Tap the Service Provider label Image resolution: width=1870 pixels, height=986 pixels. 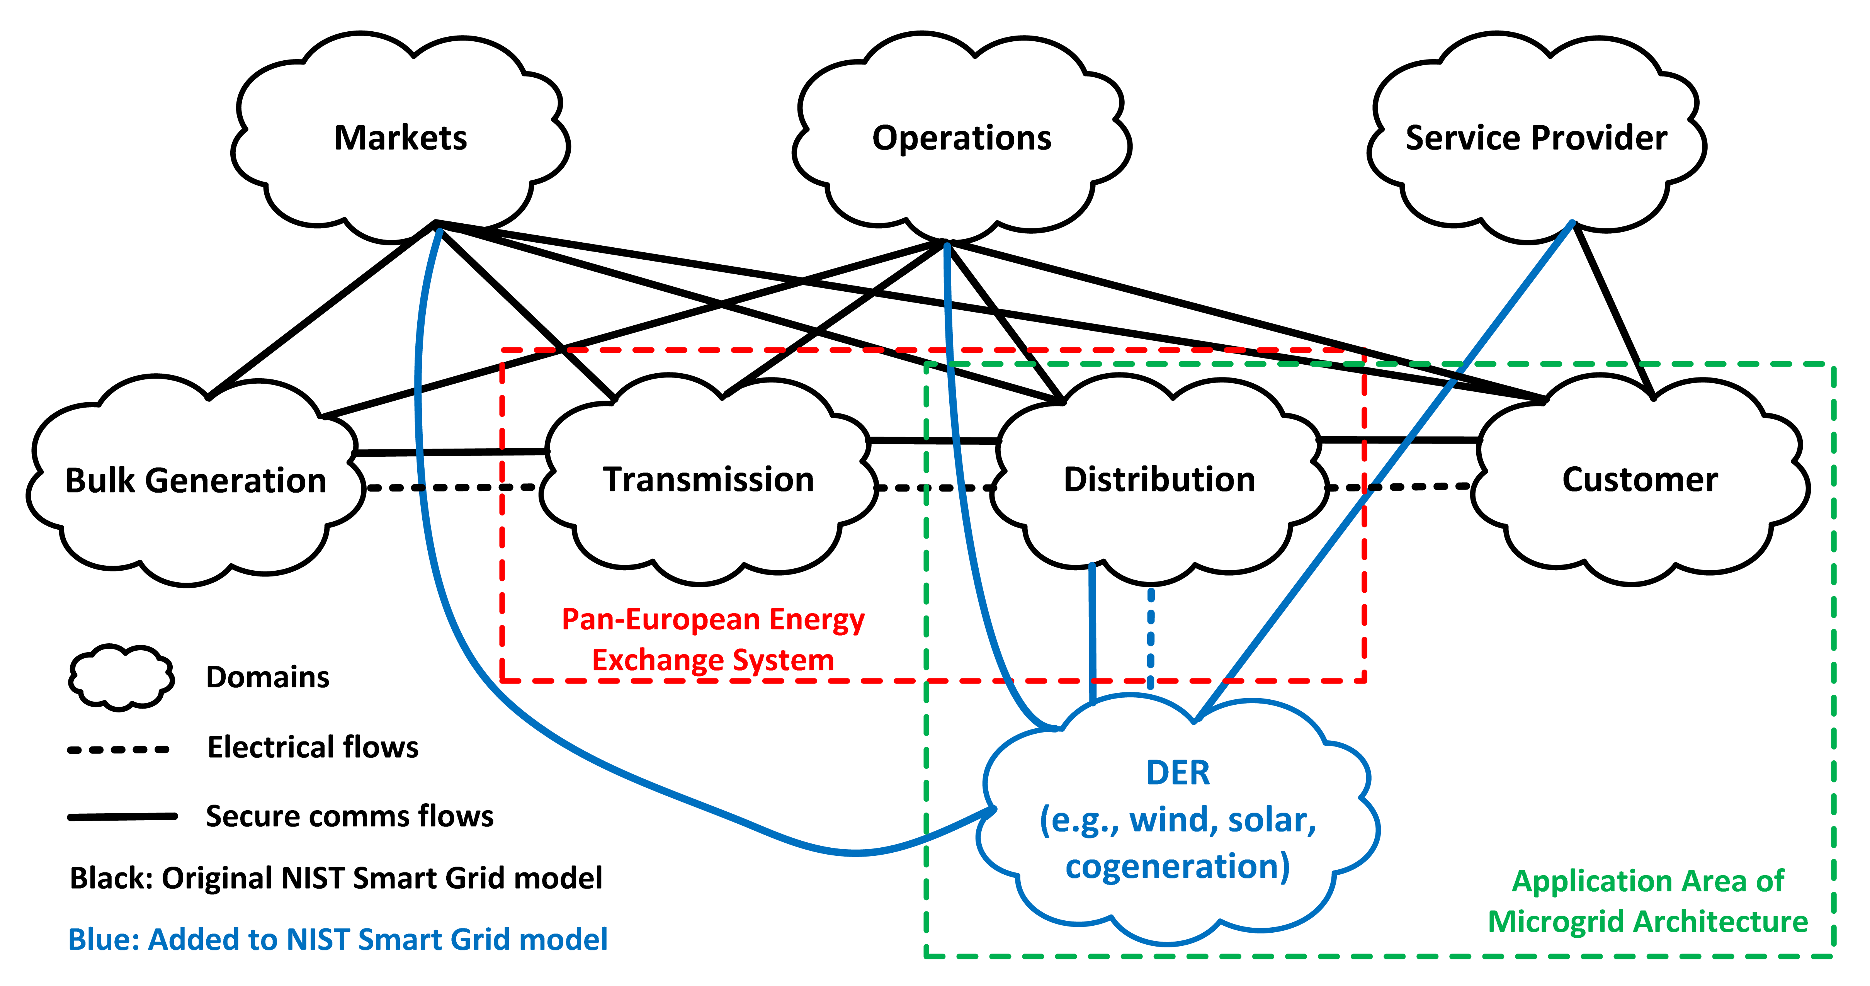(x=1536, y=138)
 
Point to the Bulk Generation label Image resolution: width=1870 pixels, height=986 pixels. (x=196, y=481)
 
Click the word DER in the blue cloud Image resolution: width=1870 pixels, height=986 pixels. (x=1178, y=773)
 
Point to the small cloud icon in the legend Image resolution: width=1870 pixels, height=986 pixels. (x=121, y=677)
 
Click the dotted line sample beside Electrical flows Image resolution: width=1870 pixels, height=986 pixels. (x=118, y=749)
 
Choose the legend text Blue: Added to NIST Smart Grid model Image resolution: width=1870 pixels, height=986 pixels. (x=338, y=940)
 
